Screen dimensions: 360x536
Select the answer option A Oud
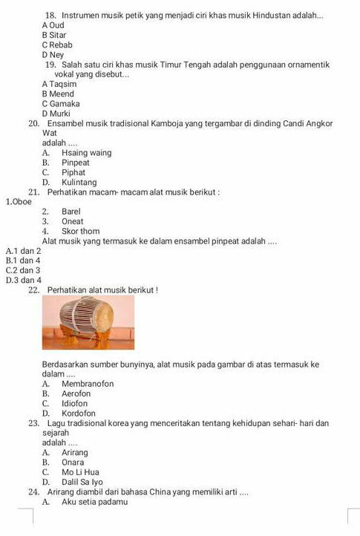53,25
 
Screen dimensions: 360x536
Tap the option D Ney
53,54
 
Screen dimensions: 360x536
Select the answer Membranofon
88,384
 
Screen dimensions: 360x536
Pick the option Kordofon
78,413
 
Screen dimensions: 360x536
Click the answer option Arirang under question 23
75,452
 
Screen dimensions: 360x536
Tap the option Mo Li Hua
80,471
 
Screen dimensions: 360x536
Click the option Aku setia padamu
94,502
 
